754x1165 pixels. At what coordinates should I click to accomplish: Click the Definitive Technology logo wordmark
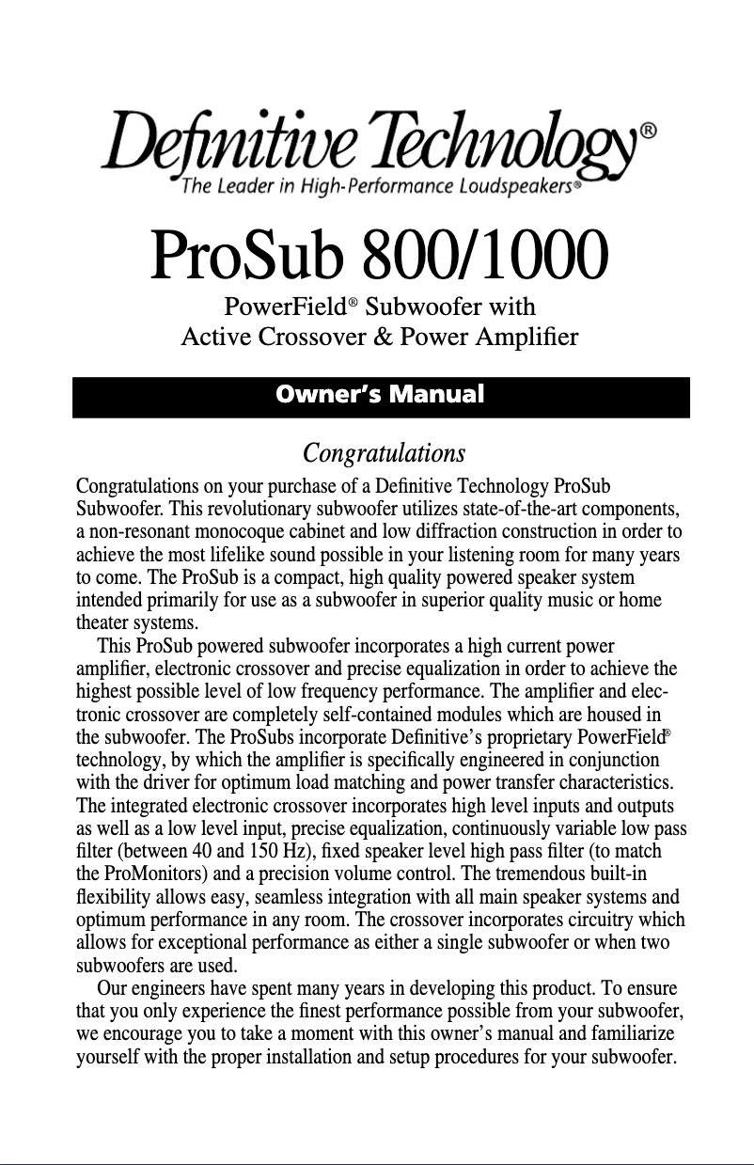point(367,146)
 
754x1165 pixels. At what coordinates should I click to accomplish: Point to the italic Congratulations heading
point(384,454)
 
